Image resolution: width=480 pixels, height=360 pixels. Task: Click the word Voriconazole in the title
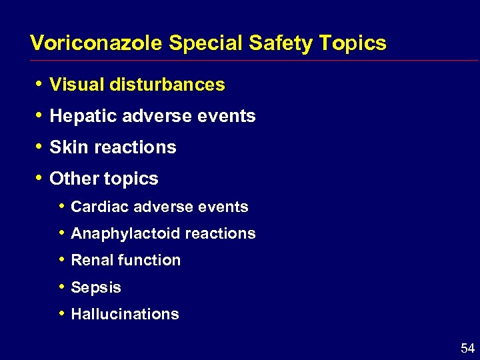(x=97, y=43)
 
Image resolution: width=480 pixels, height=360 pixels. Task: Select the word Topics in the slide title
(x=352, y=43)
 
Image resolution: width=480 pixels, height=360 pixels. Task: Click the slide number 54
(x=467, y=348)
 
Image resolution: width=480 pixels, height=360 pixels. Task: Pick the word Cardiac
(x=99, y=207)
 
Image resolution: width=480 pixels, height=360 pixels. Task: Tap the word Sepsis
(x=96, y=287)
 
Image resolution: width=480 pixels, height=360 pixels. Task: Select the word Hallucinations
(x=125, y=314)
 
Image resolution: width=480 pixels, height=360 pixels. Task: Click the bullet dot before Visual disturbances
(x=40, y=84)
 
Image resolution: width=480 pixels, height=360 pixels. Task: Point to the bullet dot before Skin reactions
(x=40, y=147)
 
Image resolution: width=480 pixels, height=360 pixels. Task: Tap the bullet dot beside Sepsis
(x=61, y=287)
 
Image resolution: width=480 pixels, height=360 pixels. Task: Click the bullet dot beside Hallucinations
(x=61, y=313)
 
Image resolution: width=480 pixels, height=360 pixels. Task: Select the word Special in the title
(x=206, y=43)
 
